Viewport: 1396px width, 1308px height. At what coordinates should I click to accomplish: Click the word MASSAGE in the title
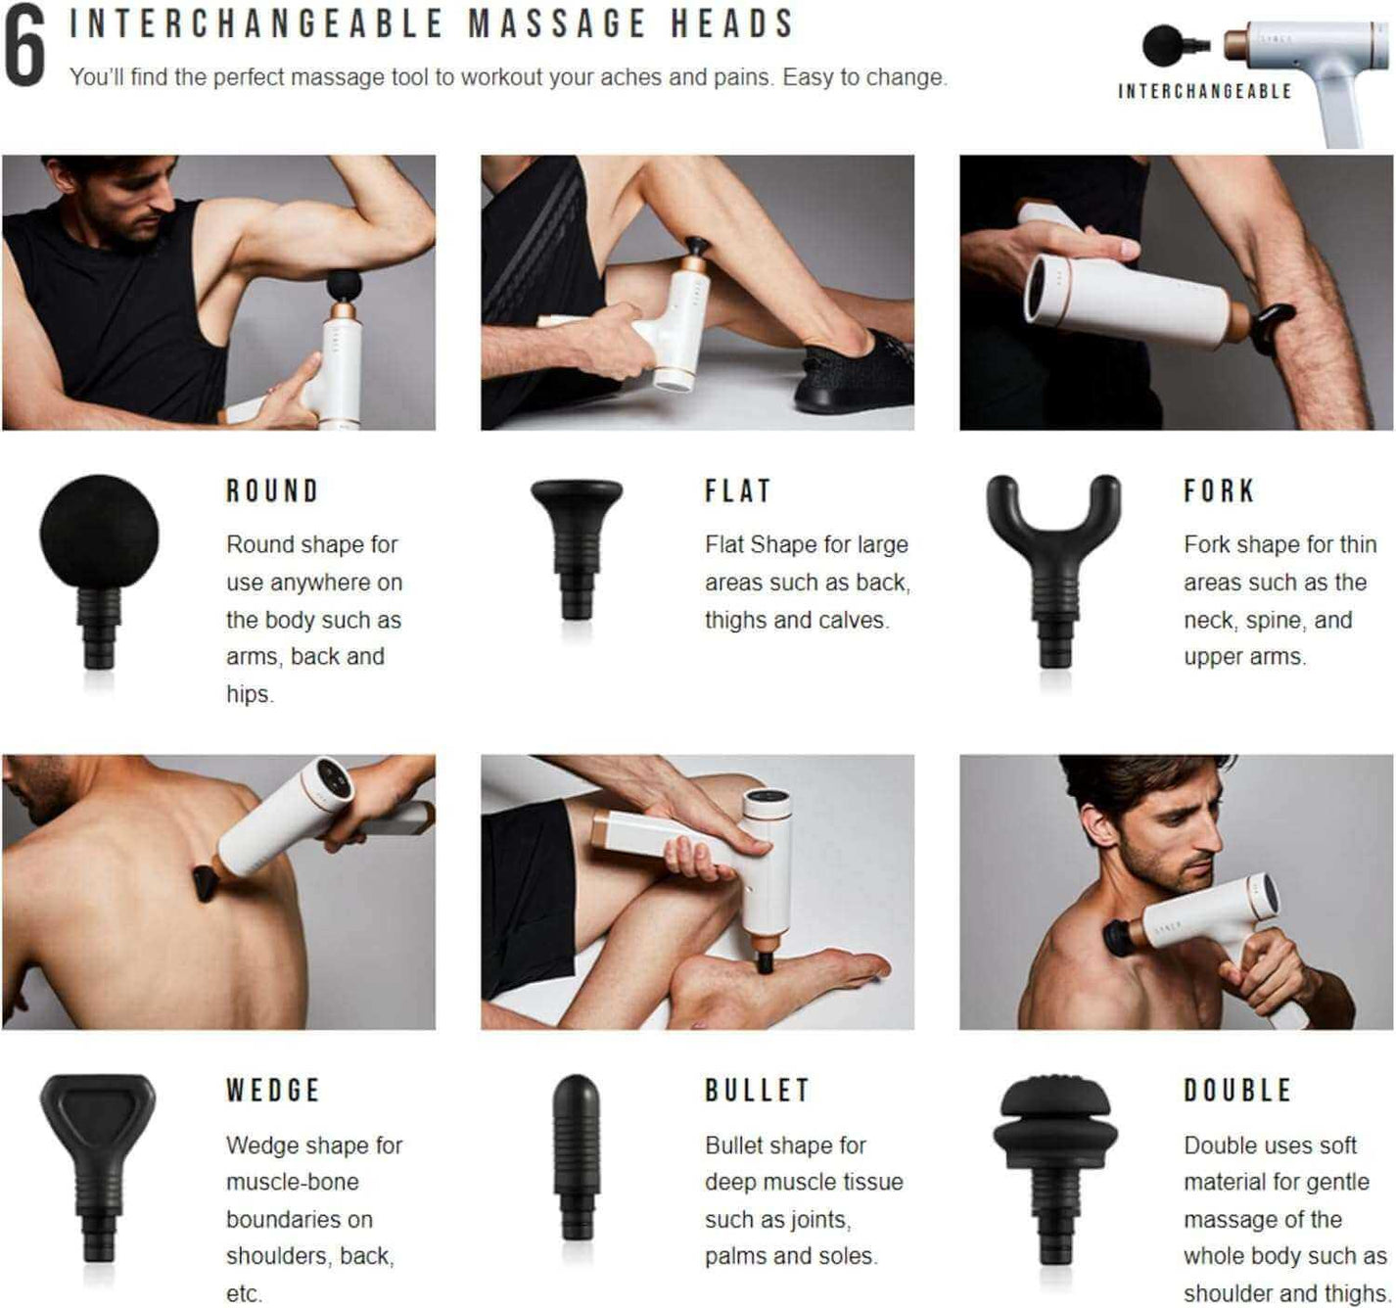[557, 23]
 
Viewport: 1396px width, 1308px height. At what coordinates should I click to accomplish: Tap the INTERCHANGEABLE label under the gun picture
[1205, 91]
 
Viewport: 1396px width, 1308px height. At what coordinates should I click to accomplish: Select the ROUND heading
[273, 490]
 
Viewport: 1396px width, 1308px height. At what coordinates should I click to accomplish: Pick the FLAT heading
[738, 490]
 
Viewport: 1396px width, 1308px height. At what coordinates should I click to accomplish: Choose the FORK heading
[1219, 490]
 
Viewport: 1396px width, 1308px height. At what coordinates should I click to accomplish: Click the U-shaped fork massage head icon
[1054, 558]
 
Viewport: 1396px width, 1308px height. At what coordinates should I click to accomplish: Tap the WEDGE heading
[273, 1090]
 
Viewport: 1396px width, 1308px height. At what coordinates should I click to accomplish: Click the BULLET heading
[757, 1090]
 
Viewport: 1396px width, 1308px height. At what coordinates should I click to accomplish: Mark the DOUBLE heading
[1238, 1090]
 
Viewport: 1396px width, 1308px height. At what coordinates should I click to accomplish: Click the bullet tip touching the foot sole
[764, 960]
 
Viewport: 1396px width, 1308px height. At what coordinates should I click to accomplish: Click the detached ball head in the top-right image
[1164, 45]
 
